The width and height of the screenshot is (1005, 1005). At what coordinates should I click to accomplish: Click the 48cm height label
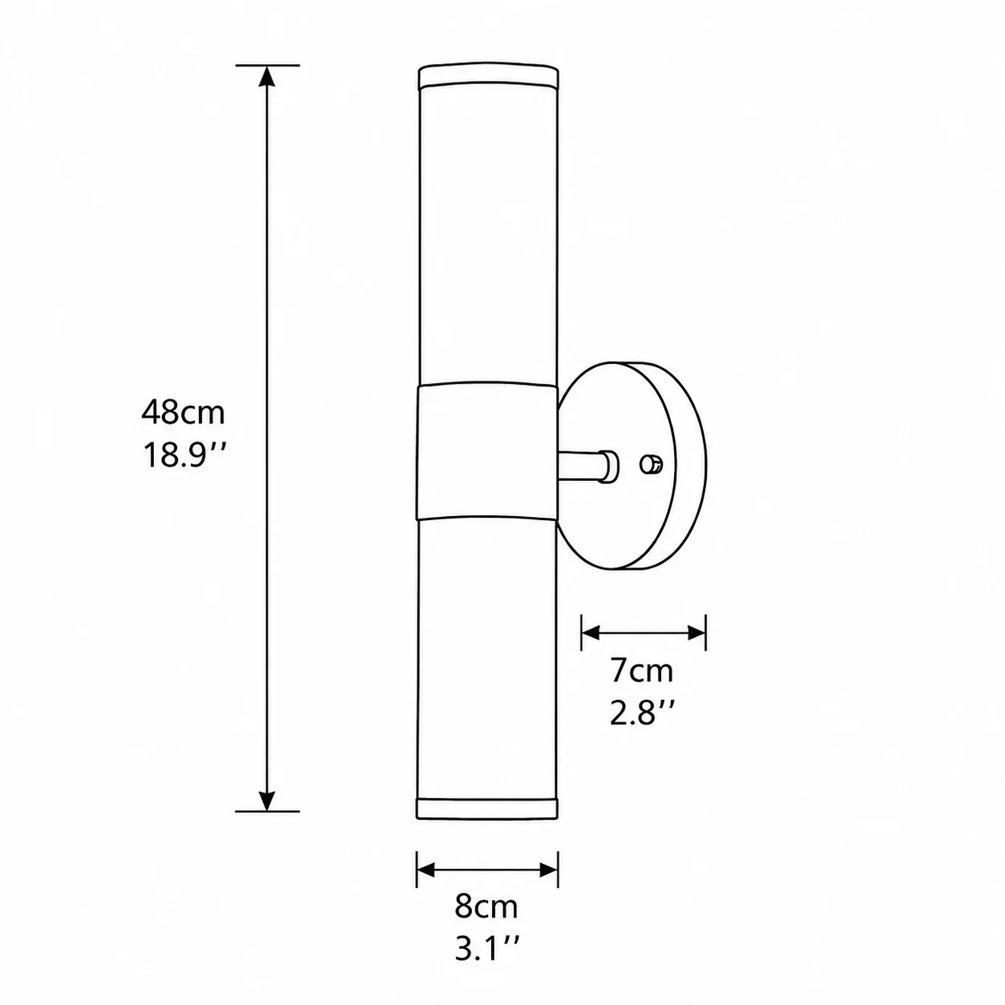[183, 413]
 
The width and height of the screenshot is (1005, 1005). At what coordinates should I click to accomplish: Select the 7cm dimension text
[642, 672]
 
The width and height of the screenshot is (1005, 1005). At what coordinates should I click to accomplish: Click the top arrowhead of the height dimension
[267, 76]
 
